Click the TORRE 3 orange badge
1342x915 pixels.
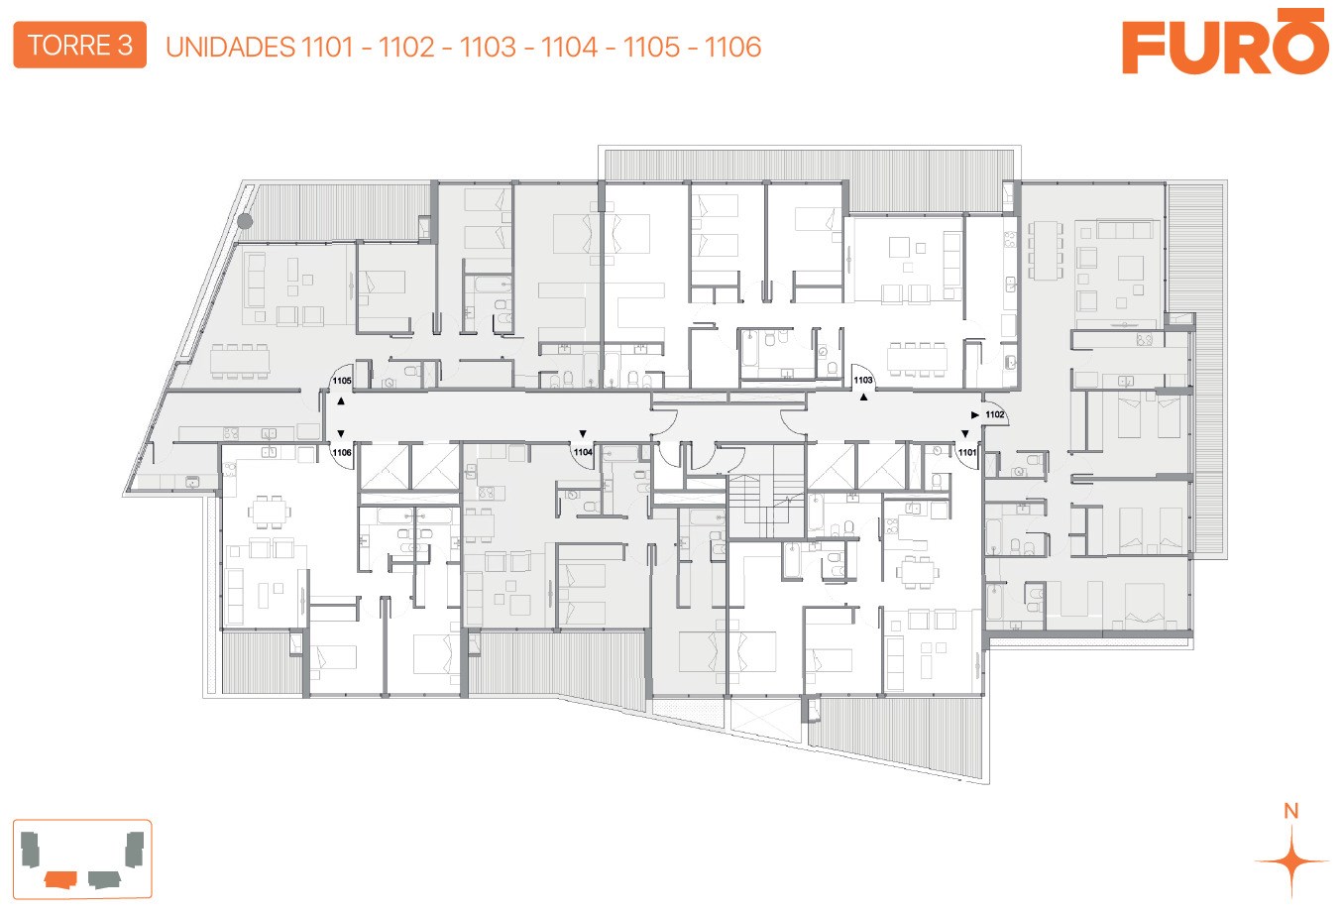pyautogui.click(x=79, y=45)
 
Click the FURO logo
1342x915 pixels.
pyautogui.click(x=1225, y=41)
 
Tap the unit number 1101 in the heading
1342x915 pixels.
pyautogui.click(x=327, y=47)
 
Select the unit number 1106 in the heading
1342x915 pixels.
pyautogui.click(x=732, y=47)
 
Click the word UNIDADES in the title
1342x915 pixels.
pyautogui.click(x=230, y=47)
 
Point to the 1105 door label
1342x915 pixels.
pyautogui.click(x=342, y=381)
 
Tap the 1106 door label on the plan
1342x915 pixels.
pyautogui.click(x=342, y=452)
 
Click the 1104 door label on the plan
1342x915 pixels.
pyautogui.click(x=583, y=452)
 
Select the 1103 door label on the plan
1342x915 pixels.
pyautogui.click(x=862, y=380)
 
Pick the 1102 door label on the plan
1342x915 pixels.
pyautogui.click(x=994, y=414)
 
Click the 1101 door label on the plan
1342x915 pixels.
pyautogui.click(x=967, y=452)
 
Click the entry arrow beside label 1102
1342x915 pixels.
pyautogui.click(x=974, y=414)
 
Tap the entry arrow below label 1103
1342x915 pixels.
pyautogui.click(x=863, y=397)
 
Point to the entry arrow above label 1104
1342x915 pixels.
pyautogui.click(x=583, y=433)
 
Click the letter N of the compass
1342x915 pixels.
pyautogui.click(x=1291, y=811)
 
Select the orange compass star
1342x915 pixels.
pyautogui.click(x=1291, y=861)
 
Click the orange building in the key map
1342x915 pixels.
pyautogui.click(x=60, y=879)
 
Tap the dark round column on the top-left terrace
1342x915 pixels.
pyautogui.click(x=245, y=221)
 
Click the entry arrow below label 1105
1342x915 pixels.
pyautogui.click(x=341, y=400)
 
